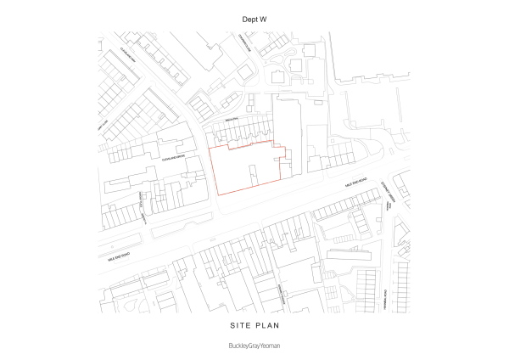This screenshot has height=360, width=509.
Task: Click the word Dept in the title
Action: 247,17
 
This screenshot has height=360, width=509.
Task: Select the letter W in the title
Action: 264,17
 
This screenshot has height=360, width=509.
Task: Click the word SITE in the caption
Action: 239,325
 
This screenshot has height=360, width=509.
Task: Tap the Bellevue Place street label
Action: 143,205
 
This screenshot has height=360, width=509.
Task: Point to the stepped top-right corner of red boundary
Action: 288,153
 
